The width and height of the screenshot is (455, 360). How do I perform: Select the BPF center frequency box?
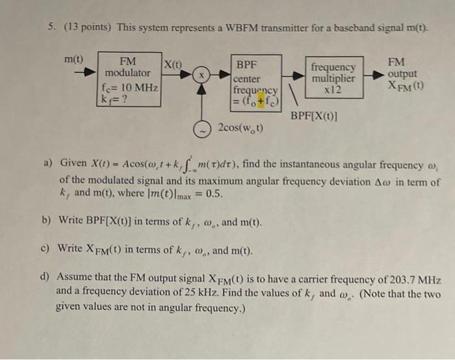(x=257, y=83)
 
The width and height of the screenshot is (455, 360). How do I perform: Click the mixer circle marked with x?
(x=202, y=75)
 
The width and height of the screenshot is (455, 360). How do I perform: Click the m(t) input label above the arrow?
(x=75, y=58)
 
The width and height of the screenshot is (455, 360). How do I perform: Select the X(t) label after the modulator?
(x=173, y=64)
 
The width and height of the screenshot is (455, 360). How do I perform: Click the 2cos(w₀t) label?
(x=241, y=127)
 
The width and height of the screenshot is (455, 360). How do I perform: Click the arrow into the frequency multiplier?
(x=296, y=75)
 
